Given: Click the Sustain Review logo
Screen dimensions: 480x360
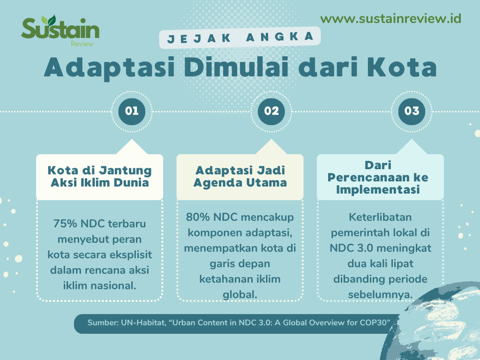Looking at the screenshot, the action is tap(60, 30).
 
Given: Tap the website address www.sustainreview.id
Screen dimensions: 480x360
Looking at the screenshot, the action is tap(390, 19).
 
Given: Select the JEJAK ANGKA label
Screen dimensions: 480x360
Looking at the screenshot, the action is tap(240, 37).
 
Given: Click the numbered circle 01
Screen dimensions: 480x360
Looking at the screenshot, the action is tap(132, 112).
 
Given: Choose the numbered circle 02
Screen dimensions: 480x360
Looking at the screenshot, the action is tap(271, 112).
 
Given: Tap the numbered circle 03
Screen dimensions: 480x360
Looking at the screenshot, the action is tap(412, 112).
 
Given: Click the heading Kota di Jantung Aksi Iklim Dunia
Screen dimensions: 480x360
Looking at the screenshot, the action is tap(99, 177).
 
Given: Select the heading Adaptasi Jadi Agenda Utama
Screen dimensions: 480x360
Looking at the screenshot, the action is tap(240, 177).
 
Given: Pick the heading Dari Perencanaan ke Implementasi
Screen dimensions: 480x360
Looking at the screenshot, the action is tap(378, 177).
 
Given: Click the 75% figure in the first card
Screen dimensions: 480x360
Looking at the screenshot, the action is tap(65, 224).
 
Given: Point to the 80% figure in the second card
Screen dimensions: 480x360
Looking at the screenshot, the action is tap(197, 217).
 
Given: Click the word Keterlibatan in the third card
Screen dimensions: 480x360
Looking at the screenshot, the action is tap(380, 217).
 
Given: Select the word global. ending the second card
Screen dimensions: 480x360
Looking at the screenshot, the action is tap(240, 294).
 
